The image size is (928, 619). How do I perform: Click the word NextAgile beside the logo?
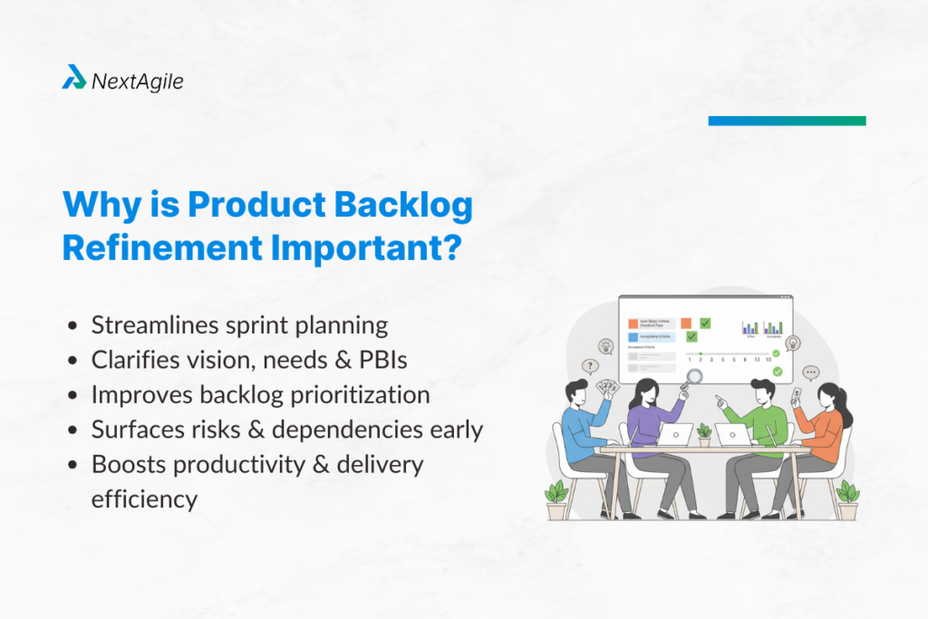[137, 82]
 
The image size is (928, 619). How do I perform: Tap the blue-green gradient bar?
[787, 121]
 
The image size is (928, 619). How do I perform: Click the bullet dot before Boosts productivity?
[72, 465]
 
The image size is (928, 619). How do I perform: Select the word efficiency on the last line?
[144, 498]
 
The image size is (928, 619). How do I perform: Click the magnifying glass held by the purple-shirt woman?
[694, 378]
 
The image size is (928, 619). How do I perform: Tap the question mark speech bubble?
[590, 367]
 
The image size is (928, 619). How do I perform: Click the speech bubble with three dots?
[810, 372]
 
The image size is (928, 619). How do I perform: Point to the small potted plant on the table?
[704, 434]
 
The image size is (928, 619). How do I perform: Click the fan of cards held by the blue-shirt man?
[609, 388]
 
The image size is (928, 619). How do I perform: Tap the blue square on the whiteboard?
[633, 336]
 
